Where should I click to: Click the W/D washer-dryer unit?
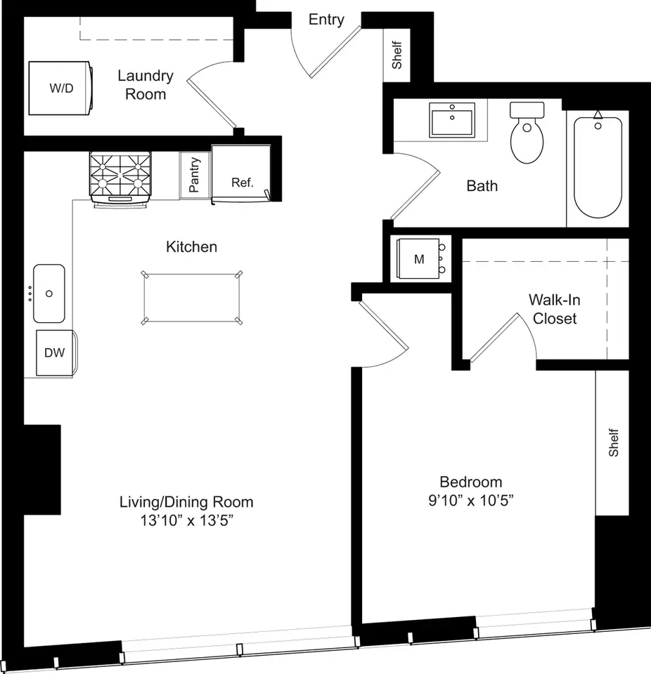click(x=60, y=88)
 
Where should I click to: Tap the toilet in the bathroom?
click(x=527, y=133)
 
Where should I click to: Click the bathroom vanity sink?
click(x=452, y=120)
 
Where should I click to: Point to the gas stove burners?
click(x=120, y=176)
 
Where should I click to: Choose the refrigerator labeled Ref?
click(x=241, y=173)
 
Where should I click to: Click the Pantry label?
click(x=195, y=175)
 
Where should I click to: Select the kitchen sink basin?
click(x=49, y=293)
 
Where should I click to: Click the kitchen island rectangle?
click(x=192, y=298)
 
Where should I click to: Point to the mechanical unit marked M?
click(x=420, y=259)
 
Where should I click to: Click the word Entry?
click(x=326, y=20)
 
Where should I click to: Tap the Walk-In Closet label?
click(x=555, y=309)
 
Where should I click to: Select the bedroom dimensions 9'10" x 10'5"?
click(x=471, y=501)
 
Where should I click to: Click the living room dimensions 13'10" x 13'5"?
click(x=186, y=520)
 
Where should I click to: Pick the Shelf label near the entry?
click(x=397, y=55)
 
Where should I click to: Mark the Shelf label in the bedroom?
click(x=613, y=442)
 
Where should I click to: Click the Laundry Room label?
click(x=146, y=85)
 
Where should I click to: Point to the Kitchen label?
click(x=192, y=246)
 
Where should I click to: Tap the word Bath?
click(x=482, y=186)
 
